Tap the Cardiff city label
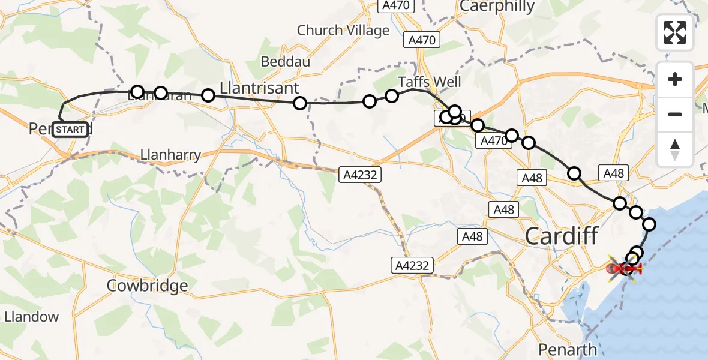pos(562,236)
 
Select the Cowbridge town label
pos(147,286)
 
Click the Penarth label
pos(567,349)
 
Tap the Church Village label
pos(343,30)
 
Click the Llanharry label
pos(170,155)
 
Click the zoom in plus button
pos(675,79)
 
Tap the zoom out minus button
pos(675,114)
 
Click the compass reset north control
pos(675,149)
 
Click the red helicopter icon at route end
pos(625,269)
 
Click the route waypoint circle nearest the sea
pos(649,224)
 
